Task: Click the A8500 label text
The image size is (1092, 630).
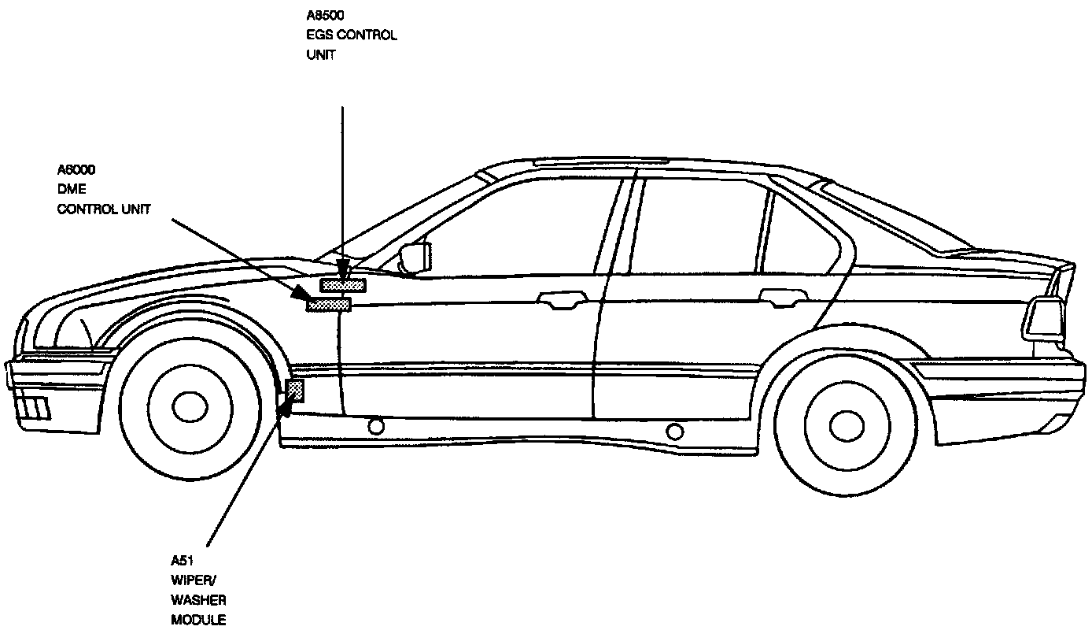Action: pos(324,15)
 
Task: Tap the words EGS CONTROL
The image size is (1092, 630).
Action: pos(351,35)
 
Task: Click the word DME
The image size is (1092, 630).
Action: pos(72,190)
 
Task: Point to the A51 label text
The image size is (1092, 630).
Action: pos(183,561)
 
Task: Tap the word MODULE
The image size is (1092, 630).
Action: pos(198,620)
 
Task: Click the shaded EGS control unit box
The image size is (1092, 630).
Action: pos(343,285)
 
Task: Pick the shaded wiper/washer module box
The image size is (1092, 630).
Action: pos(297,389)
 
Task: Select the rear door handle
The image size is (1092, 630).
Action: pos(784,297)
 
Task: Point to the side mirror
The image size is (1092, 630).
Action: pos(415,257)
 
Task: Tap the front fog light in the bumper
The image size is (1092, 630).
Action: pos(35,408)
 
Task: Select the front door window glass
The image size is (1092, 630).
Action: pos(519,228)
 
